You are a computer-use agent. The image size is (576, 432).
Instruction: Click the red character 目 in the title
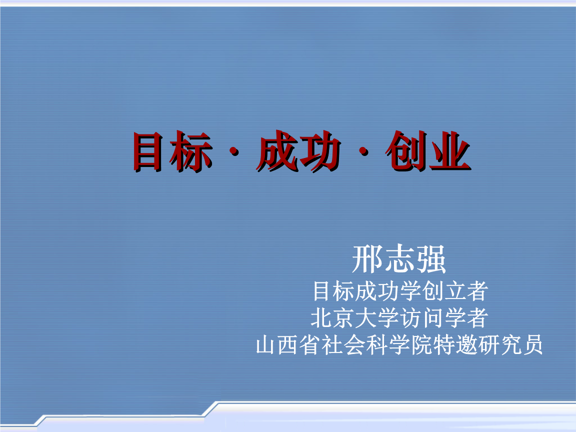pos(148,151)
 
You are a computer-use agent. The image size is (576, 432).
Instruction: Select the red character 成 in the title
pos(276,151)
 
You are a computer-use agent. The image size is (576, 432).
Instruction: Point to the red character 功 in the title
pos(319,151)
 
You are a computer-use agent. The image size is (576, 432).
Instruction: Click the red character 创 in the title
pos(405,151)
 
